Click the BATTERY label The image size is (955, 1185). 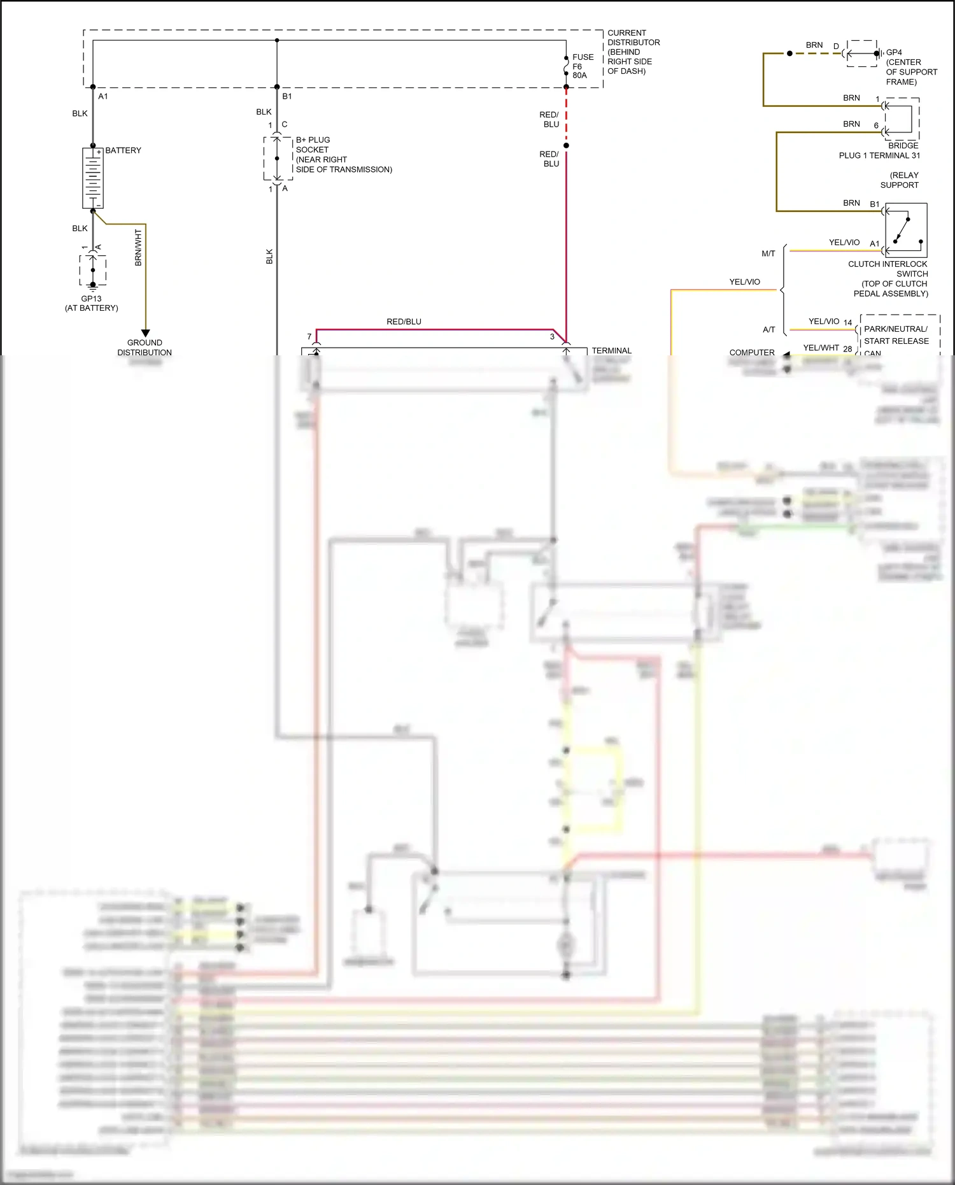(x=123, y=150)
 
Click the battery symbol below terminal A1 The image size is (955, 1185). (x=93, y=178)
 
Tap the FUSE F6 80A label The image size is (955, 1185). (x=582, y=66)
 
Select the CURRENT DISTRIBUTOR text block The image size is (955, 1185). (x=633, y=52)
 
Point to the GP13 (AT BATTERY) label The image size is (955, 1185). (x=92, y=303)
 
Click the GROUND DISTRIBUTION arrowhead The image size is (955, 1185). (x=145, y=333)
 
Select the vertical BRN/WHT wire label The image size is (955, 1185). (x=138, y=248)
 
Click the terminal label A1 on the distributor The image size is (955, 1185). (x=103, y=96)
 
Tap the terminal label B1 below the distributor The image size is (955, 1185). (x=287, y=96)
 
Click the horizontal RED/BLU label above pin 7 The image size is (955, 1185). (x=404, y=322)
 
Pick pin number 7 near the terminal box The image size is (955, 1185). (x=309, y=337)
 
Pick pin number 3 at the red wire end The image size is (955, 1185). (x=552, y=337)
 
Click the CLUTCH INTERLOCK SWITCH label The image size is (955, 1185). (x=889, y=278)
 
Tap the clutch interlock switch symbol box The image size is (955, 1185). (x=906, y=229)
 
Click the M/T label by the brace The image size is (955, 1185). (x=768, y=253)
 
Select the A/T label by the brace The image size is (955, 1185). (x=768, y=329)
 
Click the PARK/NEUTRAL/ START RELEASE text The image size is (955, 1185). (x=896, y=335)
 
